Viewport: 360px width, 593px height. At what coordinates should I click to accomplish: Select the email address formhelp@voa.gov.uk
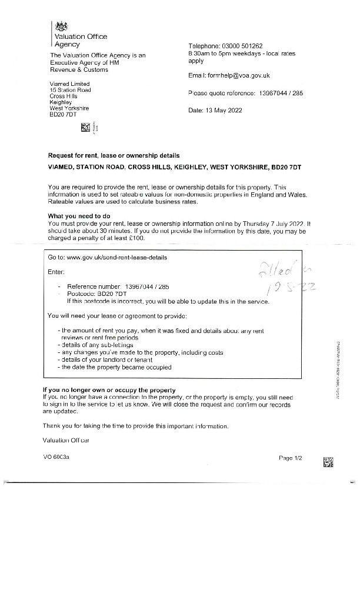254,76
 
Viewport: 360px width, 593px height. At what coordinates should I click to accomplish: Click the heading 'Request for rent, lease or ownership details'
114,156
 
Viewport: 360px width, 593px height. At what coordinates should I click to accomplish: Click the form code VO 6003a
56,457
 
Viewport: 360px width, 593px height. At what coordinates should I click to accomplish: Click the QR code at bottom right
329,462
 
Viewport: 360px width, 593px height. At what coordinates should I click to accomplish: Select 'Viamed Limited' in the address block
69,83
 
